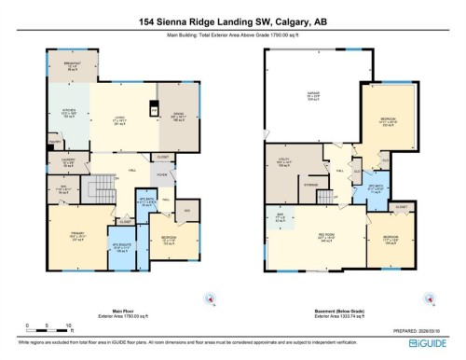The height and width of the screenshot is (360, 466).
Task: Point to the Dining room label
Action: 180,119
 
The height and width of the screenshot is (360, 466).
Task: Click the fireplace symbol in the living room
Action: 154,111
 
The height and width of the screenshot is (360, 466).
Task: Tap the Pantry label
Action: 55,143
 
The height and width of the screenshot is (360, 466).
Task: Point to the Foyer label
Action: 162,175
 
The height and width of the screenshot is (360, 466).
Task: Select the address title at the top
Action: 232,21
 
